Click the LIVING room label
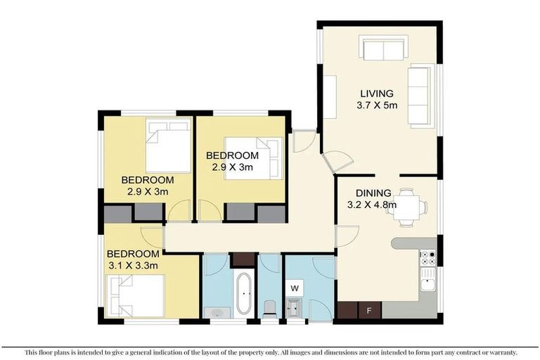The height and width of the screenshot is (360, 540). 377,93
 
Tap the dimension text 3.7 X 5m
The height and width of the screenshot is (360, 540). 377,105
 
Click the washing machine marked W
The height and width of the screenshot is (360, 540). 295,288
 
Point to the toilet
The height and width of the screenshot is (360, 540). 269,307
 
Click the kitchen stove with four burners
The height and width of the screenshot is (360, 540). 427,258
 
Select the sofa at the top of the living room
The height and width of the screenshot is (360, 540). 382,49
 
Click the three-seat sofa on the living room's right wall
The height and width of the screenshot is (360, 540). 420,96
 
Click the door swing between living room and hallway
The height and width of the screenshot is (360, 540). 335,161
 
